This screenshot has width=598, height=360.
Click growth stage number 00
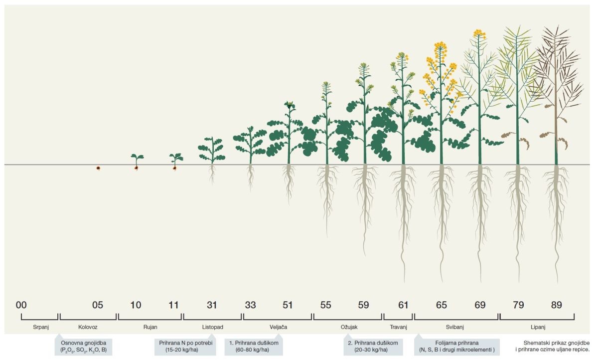(x=21, y=305)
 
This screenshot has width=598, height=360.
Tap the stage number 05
(x=98, y=305)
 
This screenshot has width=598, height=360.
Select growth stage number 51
(x=288, y=305)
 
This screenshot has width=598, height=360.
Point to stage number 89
(x=556, y=305)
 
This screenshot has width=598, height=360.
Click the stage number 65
(x=441, y=305)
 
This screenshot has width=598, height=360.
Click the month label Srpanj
(x=39, y=327)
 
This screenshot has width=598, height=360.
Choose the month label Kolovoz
(x=88, y=327)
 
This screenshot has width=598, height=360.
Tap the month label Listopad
(x=212, y=327)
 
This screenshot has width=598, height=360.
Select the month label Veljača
(x=278, y=327)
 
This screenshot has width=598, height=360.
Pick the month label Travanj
(x=398, y=327)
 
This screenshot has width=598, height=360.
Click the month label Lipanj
(x=537, y=327)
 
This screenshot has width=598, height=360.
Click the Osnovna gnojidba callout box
(x=83, y=347)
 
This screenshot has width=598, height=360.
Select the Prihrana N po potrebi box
(x=186, y=347)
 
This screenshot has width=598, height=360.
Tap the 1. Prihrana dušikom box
(x=254, y=347)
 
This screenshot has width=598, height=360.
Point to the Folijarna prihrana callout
(x=456, y=347)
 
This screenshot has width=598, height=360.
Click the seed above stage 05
(x=98, y=168)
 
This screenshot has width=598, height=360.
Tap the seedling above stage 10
(x=137, y=161)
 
